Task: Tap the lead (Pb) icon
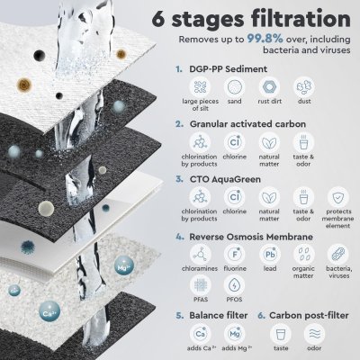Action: tap(269, 255)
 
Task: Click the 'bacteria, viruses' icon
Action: tap(339, 255)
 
